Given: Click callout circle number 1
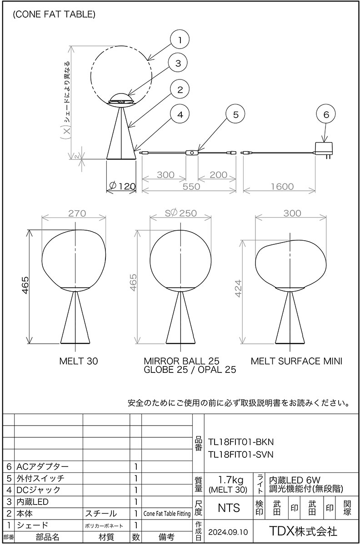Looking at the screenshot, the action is [x=180, y=40].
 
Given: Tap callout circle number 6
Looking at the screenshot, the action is [x=326, y=114].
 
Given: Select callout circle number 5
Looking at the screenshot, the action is [x=235, y=114].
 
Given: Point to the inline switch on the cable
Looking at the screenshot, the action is [x=192, y=153].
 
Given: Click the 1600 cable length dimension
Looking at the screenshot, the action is [x=282, y=187].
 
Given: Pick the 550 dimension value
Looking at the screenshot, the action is [x=191, y=187].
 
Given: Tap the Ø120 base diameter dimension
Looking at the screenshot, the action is [x=123, y=186].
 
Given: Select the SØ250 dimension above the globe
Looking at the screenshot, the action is [x=181, y=213].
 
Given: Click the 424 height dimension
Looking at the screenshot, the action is [x=239, y=288].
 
